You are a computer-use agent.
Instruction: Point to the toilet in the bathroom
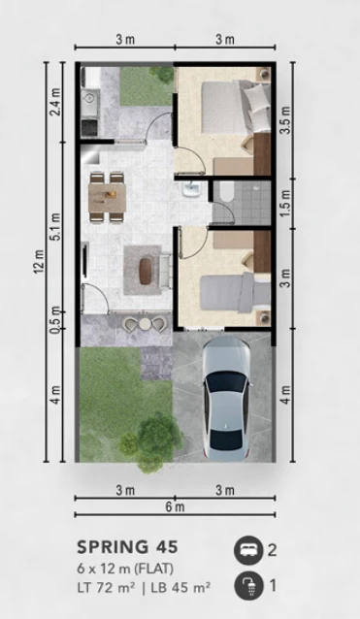coord(222,194)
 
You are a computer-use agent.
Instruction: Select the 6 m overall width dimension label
coord(175,507)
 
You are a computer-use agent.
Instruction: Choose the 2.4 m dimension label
coord(57,102)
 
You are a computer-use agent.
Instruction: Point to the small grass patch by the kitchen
coord(143,85)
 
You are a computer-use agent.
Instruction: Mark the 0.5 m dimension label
coord(57,317)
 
